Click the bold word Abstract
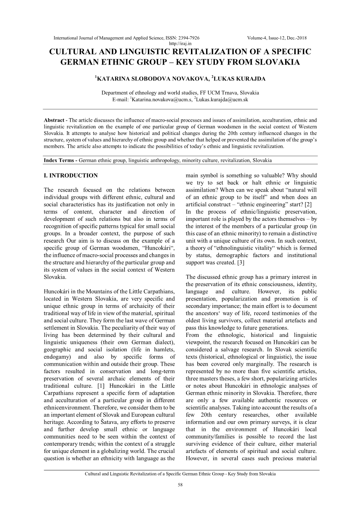54,120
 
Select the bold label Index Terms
59,160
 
